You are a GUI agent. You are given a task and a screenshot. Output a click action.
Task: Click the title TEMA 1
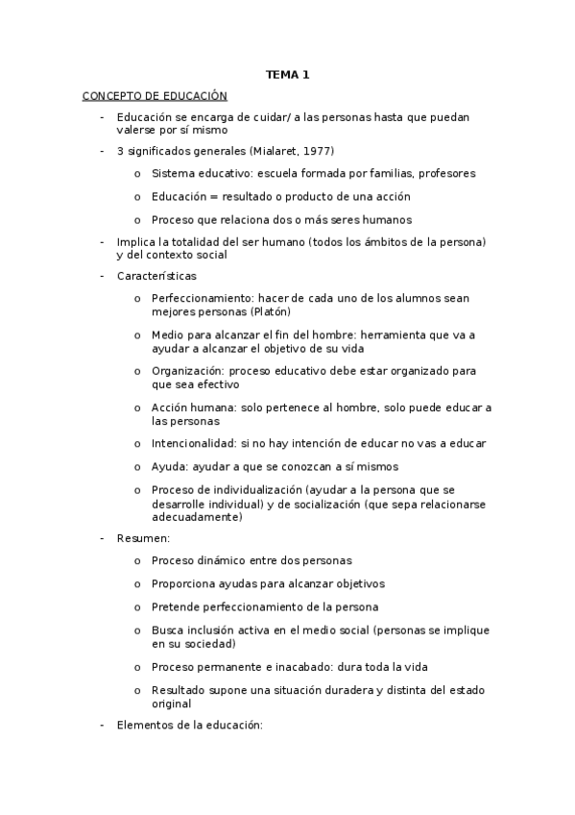point(287,74)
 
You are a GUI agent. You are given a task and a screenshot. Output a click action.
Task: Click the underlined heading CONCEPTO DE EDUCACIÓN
point(155,96)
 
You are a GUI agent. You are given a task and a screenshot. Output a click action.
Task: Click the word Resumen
point(142,538)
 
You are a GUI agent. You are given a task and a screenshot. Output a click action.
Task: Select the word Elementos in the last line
point(143,726)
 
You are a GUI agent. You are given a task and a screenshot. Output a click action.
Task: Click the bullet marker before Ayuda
point(137,466)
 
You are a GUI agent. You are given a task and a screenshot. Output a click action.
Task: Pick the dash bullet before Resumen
point(103,538)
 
